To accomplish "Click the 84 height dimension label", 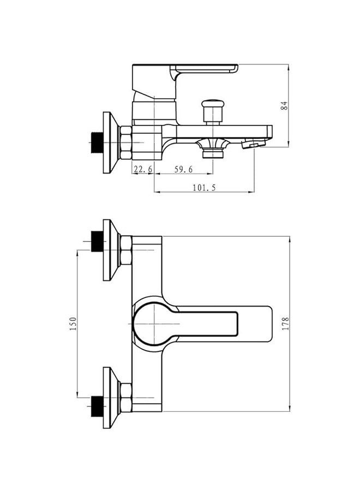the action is pyautogui.click(x=284, y=105).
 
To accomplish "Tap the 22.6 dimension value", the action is pyautogui.click(x=143, y=169).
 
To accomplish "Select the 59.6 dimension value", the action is pyautogui.click(x=184, y=169).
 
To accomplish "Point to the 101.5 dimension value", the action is pyautogui.click(x=204, y=188).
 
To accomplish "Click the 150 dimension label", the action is pyautogui.click(x=73, y=324).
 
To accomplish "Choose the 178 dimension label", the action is pyautogui.click(x=285, y=324).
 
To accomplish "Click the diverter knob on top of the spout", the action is pyautogui.click(x=213, y=111).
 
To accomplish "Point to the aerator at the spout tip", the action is pyautogui.click(x=254, y=144).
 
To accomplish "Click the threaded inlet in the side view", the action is pyautogui.click(x=97, y=143).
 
